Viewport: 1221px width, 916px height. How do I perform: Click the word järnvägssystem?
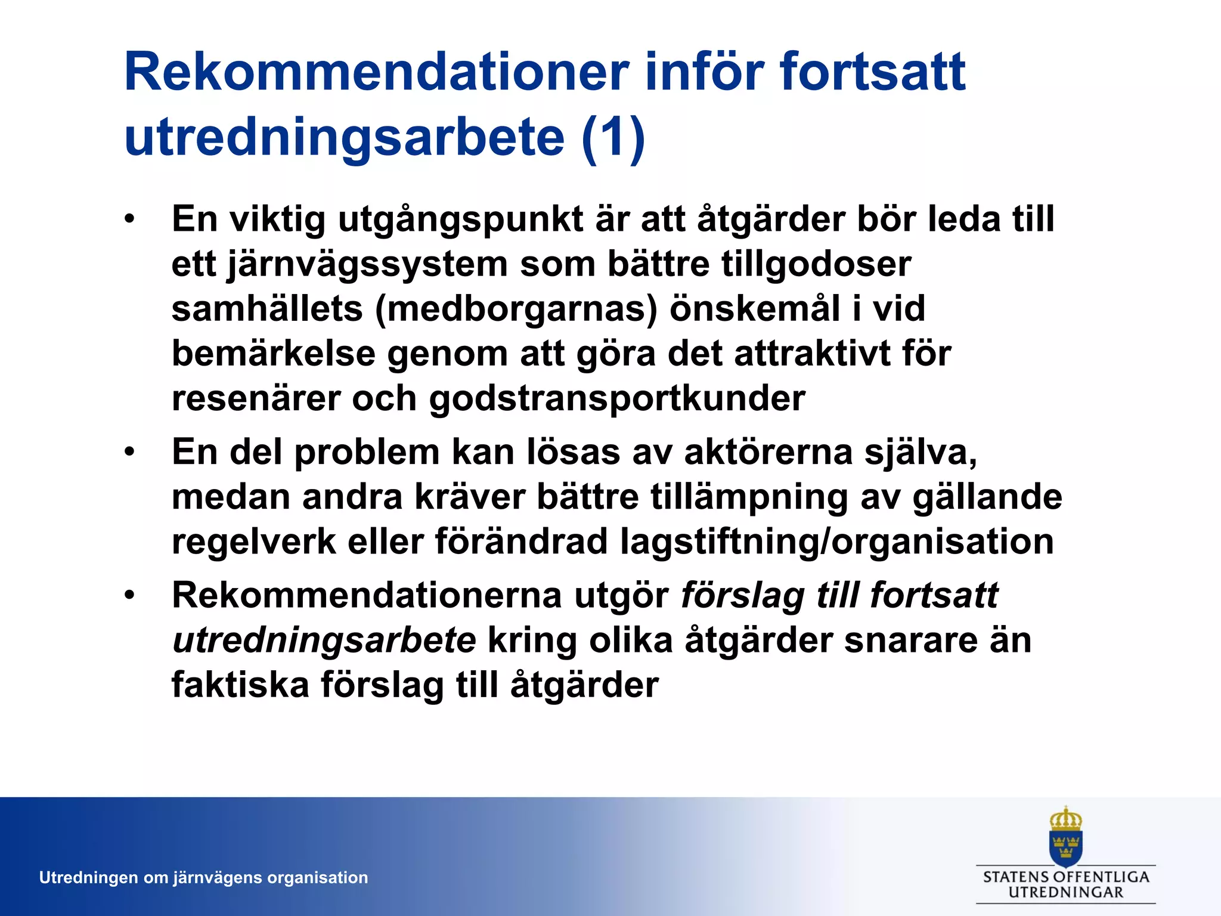coord(367,264)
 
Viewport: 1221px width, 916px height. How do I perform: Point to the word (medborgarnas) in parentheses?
coord(516,309)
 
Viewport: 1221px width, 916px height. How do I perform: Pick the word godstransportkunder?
coord(617,398)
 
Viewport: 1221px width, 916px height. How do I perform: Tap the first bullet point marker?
coord(130,219)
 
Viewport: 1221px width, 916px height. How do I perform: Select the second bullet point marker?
coord(130,452)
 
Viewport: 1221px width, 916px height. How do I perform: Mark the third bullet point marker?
coord(130,595)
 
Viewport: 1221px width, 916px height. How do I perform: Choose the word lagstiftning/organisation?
coord(836,541)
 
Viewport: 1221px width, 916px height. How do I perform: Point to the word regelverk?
coord(254,541)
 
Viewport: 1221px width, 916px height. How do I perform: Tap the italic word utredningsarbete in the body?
coord(324,640)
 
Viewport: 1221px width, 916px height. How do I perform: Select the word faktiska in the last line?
coord(240,685)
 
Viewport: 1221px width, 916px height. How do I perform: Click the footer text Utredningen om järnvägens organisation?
coord(203,878)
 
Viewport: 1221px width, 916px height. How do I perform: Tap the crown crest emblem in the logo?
coord(1065,835)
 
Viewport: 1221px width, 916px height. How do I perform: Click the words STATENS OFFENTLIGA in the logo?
coord(1065,877)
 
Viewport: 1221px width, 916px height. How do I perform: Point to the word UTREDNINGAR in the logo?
coord(1065,893)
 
